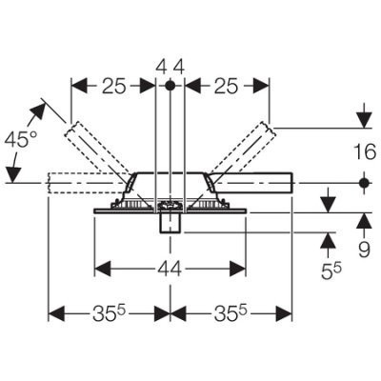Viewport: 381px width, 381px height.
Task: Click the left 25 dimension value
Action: click(x=114, y=87)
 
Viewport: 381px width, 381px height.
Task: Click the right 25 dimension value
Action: click(x=226, y=87)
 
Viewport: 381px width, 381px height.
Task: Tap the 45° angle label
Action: click(x=22, y=139)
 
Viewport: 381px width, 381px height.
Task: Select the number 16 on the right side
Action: click(x=364, y=151)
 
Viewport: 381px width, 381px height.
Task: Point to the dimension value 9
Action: click(x=365, y=250)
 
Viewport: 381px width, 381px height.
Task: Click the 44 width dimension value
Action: click(x=170, y=269)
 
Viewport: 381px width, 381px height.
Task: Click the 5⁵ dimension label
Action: click(x=331, y=271)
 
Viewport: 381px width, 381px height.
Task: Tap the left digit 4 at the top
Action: click(x=162, y=67)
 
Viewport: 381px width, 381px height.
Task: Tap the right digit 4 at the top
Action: click(x=179, y=67)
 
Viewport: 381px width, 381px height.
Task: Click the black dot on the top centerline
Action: click(x=170, y=86)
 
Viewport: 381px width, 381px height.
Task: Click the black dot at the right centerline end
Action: click(x=365, y=183)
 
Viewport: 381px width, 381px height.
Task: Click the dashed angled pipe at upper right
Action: click(x=241, y=148)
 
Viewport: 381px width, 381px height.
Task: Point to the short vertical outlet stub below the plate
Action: click(x=171, y=223)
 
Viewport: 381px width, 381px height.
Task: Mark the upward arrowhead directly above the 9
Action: click(x=364, y=221)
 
